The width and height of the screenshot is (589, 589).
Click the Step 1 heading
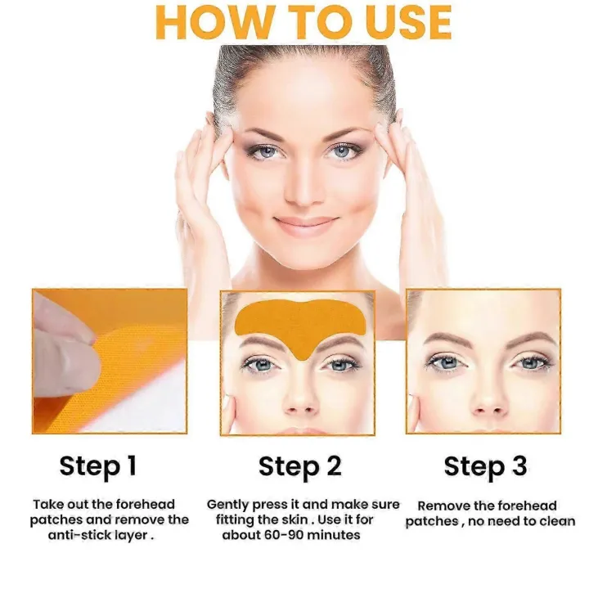(97, 466)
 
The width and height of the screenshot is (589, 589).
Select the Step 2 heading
(300, 466)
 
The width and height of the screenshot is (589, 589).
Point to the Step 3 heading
(485, 466)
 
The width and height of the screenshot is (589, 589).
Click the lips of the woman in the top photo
(305, 224)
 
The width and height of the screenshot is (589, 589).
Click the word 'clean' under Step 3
(557, 521)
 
